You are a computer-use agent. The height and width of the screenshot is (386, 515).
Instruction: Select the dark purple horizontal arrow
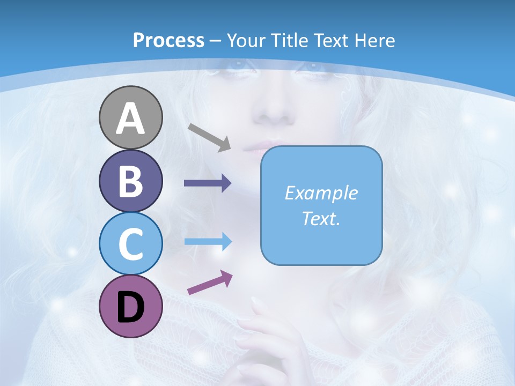pyautogui.click(x=208, y=183)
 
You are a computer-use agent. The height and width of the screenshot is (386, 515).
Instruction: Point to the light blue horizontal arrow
pyautogui.click(x=208, y=242)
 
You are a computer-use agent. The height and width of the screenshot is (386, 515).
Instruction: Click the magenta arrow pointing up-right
pyautogui.click(x=210, y=283)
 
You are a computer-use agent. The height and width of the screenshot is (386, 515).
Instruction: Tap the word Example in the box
pyautogui.click(x=321, y=193)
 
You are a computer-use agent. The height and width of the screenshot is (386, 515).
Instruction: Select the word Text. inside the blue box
pyautogui.click(x=321, y=219)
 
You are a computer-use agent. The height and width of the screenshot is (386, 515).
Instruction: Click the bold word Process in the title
pyautogui.click(x=168, y=40)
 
